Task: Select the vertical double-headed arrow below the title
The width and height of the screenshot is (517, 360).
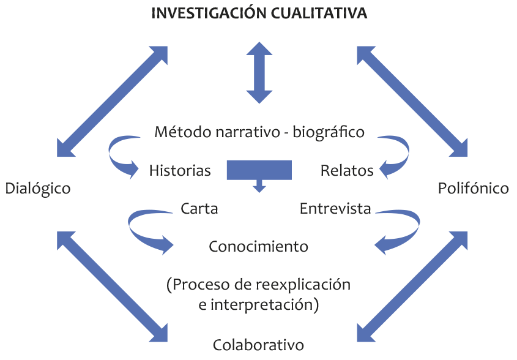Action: tap(259, 72)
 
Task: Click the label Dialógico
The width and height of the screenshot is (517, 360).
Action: tap(38, 189)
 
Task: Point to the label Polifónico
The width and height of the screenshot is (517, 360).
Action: tap(473, 189)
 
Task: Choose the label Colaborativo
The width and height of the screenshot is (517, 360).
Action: tap(258, 345)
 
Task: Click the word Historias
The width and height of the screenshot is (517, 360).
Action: tap(180, 171)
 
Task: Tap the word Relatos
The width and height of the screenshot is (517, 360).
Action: tap(347, 171)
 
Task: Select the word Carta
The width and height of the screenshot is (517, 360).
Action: tap(199, 209)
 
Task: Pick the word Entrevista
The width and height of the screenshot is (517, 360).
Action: tap(335, 209)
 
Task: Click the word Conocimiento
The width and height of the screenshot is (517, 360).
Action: tap(258, 247)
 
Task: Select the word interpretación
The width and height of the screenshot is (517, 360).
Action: tap(264, 304)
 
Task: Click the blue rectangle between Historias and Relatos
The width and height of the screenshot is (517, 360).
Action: tap(259, 170)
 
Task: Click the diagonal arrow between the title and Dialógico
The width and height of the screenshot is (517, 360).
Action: tap(112, 101)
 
